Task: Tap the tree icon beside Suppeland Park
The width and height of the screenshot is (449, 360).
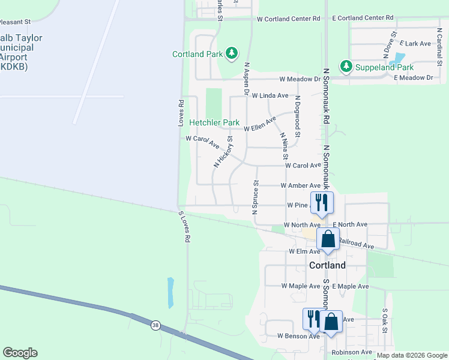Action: tap(346, 65)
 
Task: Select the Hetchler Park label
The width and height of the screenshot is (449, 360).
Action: tap(214, 122)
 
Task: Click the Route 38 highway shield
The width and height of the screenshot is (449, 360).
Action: tap(156, 325)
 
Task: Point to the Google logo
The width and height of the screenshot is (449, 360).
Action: tap(20, 353)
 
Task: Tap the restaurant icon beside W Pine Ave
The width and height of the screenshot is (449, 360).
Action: tap(322, 202)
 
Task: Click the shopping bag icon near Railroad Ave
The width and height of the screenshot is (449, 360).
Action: tap(328, 239)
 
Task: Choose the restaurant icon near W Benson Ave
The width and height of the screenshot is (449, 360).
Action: tap(313, 319)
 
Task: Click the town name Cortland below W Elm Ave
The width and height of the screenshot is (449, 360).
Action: tap(327, 265)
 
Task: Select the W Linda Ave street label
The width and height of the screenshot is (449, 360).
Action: tap(270, 95)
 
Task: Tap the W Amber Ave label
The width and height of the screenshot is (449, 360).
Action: tap(300, 186)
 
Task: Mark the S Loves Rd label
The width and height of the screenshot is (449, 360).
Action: tap(184, 226)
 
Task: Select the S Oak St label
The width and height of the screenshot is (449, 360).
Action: tap(385, 322)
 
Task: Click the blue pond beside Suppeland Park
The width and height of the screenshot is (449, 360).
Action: tap(397, 59)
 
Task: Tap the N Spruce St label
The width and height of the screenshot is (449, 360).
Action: tap(255, 196)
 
